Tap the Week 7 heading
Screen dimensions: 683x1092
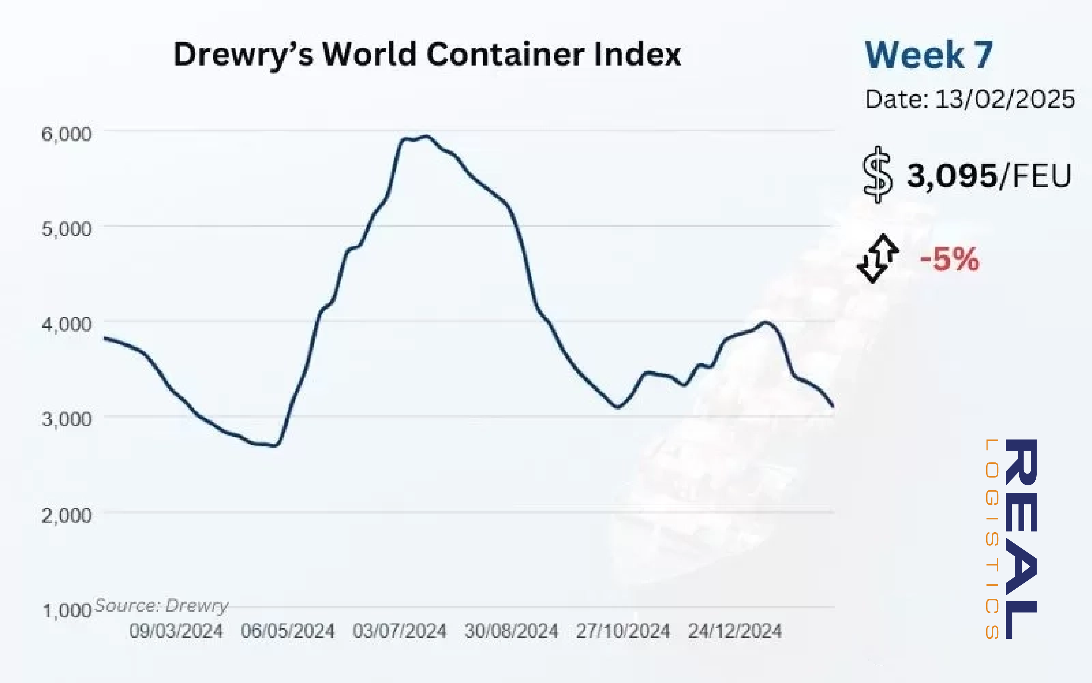point(929,55)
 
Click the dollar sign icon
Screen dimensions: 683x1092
point(877,175)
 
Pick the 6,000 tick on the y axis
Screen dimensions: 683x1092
point(66,134)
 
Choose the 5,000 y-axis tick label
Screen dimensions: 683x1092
point(66,229)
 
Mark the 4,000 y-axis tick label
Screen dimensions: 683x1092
point(66,324)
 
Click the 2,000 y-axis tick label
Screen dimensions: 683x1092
point(66,515)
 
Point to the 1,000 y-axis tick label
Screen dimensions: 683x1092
point(67,610)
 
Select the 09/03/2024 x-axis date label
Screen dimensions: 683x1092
point(176,631)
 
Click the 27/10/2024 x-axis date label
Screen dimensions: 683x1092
point(623,631)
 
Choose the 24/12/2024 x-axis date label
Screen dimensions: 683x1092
point(734,631)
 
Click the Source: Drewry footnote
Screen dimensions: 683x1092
point(161,605)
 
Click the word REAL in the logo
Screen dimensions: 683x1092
point(1021,539)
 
